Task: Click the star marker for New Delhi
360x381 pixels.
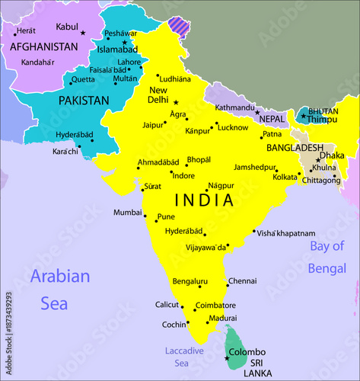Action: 176,102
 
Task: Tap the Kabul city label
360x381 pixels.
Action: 67,27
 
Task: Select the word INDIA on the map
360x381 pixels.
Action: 203,200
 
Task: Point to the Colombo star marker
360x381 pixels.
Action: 226,357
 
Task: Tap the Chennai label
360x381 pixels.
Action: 243,280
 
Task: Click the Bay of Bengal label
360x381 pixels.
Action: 327,257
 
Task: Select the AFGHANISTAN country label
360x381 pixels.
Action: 43,46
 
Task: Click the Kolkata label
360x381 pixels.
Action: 285,177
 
